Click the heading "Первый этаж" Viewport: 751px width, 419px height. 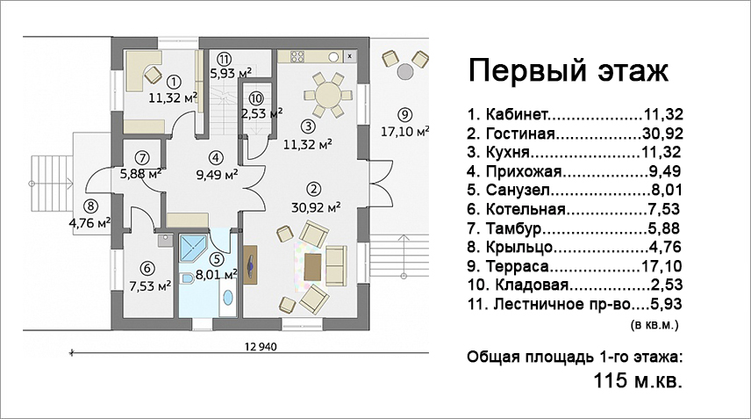point(568,70)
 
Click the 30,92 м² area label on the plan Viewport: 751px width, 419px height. point(316,207)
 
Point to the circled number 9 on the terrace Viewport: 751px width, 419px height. point(404,114)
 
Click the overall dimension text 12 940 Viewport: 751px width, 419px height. point(261,346)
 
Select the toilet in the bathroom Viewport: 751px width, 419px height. point(187,278)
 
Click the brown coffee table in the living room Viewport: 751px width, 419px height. point(312,267)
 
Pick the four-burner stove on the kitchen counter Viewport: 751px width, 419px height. point(297,56)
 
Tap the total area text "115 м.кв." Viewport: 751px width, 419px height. point(638,381)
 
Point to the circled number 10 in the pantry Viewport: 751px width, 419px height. point(256,98)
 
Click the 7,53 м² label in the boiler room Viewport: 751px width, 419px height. point(150,286)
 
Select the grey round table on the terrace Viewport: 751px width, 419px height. point(405,71)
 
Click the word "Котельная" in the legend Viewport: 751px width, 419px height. point(526,209)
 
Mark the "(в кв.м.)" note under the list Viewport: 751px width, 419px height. point(654,325)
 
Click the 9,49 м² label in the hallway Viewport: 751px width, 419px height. point(217,174)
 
